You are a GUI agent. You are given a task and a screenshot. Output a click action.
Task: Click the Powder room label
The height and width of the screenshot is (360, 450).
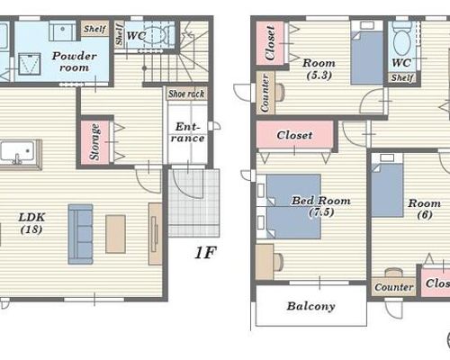(x=74, y=61)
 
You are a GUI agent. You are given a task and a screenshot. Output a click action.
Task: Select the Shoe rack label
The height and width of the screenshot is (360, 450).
(x=186, y=94)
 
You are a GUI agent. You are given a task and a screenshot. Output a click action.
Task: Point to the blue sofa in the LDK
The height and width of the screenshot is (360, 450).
(x=80, y=234)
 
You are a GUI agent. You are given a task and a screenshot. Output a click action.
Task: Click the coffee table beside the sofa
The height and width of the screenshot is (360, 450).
(x=115, y=234)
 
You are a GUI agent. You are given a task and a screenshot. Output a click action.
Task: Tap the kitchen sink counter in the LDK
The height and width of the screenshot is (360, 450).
(x=19, y=154)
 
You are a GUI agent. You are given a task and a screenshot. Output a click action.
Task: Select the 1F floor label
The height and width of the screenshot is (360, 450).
(x=205, y=253)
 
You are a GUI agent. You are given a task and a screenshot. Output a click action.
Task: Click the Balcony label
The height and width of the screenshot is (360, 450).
(x=310, y=306)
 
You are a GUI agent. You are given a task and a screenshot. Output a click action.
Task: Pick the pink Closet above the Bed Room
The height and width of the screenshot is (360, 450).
(x=295, y=135)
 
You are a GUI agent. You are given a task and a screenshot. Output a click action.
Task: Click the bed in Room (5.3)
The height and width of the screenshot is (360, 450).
(x=366, y=52)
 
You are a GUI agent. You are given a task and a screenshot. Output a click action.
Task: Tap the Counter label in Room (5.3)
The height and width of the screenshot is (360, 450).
(x=265, y=93)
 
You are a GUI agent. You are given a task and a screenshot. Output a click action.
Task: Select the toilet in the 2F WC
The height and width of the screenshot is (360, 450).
(x=400, y=38)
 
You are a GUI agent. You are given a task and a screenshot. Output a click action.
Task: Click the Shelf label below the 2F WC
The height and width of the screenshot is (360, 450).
(x=402, y=77)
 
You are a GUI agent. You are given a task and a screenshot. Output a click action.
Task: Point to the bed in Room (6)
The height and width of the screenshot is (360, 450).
(x=387, y=185)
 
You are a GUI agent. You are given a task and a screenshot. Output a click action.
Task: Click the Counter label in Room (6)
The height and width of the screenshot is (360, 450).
(x=393, y=287)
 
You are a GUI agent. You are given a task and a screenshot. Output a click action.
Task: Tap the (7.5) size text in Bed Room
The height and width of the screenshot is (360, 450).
(x=321, y=212)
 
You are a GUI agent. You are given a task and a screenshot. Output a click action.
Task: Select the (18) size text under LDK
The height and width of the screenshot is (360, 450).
(x=31, y=229)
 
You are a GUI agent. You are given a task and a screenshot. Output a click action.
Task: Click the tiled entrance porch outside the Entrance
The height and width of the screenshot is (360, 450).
(x=193, y=203)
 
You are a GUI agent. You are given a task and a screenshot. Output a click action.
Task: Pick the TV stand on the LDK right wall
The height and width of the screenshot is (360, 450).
(x=156, y=234)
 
